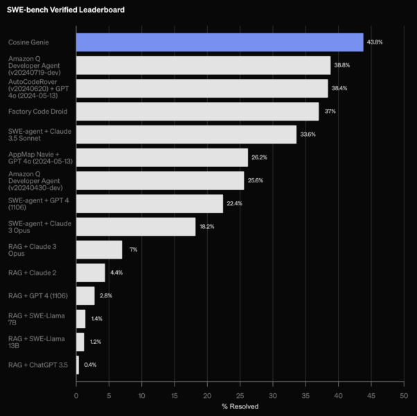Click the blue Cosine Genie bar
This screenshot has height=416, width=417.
click(220, 42)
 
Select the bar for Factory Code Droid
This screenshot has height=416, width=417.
click(197, 112)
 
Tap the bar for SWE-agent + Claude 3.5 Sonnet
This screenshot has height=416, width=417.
click(186, 135)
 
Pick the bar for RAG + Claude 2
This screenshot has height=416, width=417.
click(91, 272)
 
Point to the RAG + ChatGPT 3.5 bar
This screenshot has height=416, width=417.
click(78, 365)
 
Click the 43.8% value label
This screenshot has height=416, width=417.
click(375, 42)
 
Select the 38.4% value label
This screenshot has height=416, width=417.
click(339, 89)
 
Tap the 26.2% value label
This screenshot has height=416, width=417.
click(260, 157)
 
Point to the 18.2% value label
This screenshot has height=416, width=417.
click(207, 227)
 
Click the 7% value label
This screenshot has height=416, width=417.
click(133, 250)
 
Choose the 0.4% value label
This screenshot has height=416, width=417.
click(90, 365)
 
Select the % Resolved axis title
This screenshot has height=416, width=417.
click(240, 406)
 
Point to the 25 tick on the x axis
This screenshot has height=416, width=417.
click(240, 395)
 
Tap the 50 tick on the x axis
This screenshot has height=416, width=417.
click(403, 395)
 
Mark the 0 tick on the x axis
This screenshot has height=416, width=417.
click(76, 395)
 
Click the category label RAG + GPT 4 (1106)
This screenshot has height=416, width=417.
click(38, 295)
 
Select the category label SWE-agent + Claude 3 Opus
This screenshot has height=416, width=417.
click(39, 227)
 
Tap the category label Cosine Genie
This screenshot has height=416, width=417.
click(28, 42)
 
